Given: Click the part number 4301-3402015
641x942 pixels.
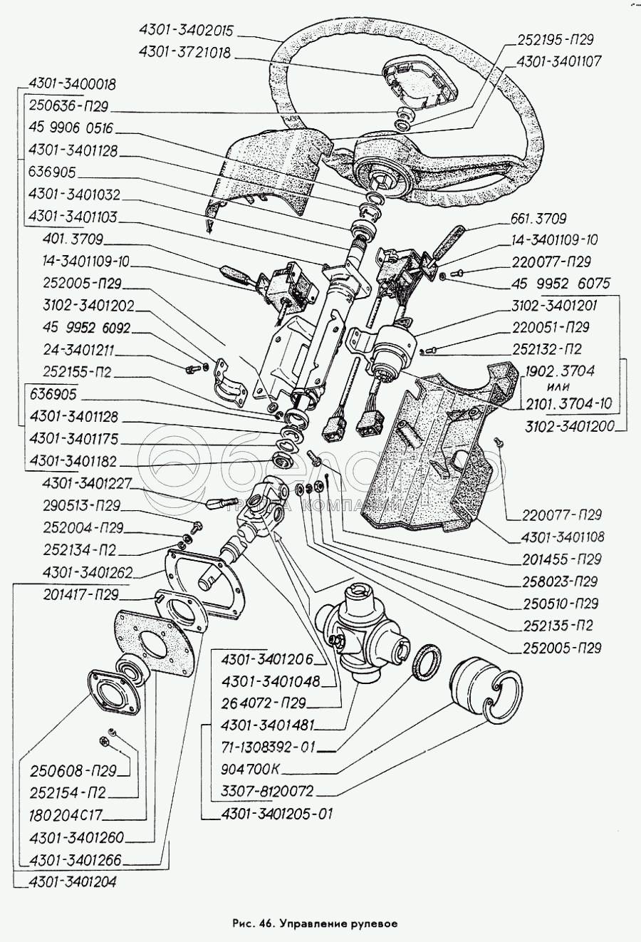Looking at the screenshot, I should pyautogui.click(x=187, y=31).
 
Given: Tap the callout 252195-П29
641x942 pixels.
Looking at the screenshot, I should pyautogui.click(x=556, y=40).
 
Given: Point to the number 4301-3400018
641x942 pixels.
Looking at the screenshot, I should pyautogui.click(x=71, y=84).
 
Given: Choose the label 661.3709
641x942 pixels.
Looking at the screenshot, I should pyautogui.click(x=538, y=219).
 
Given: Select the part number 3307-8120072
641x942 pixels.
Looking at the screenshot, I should pyautogui.click(x=267, y=792).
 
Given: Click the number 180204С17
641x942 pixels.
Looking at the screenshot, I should pyautogui.click(x=67, y=814).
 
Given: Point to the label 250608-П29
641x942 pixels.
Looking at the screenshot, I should pyautogui.click(x=73, y=771).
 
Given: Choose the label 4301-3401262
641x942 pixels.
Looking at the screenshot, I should pyautogui.click(x=88, y=572).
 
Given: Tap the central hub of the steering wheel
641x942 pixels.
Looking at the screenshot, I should pyautogui.click(x=385, y=175).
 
